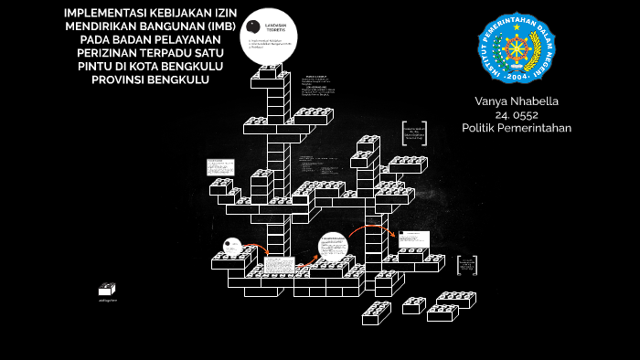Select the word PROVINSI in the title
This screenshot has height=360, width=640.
coord(123,80)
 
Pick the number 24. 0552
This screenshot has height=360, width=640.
coord(517,114)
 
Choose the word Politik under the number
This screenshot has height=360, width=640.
coord(481,128)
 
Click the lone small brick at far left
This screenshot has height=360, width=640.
coord(108,289)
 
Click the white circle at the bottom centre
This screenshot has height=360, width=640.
coord(333,246)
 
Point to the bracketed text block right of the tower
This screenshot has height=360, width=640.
coord(414,134)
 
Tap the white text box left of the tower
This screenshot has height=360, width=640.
coord(218,168)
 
